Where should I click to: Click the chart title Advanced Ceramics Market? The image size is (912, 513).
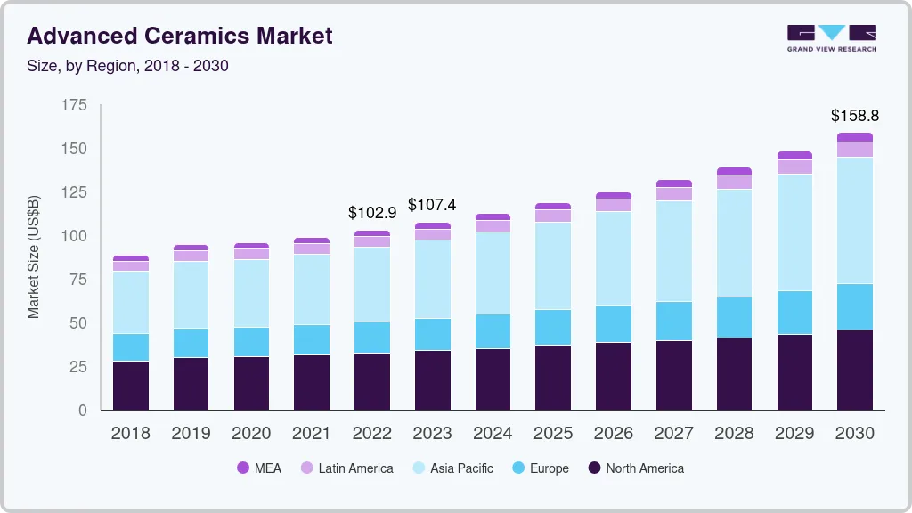(180, 36)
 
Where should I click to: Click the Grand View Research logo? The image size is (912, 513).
(831, 38)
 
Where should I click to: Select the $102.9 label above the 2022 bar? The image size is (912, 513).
(371, 213)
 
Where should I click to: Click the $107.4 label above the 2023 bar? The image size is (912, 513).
(432, 205)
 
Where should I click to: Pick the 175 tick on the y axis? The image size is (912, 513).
(74, 105)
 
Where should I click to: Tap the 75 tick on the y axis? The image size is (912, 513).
(78, 280)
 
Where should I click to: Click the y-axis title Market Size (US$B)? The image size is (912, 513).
(34, 256)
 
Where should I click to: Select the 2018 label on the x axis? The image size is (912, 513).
(130, 434)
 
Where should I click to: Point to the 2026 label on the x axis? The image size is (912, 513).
(614, 434)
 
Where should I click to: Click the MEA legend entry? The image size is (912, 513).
(258, 468)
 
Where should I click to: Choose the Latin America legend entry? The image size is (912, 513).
(346, 468)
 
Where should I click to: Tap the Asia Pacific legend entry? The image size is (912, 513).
(452, 468)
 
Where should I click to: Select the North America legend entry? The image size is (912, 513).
(636, 468)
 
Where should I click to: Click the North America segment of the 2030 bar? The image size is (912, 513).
(855, 370)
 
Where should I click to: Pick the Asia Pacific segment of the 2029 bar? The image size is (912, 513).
(794, 232)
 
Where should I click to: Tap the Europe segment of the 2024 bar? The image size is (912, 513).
(493, 331)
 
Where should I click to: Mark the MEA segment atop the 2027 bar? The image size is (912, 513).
(674, 183)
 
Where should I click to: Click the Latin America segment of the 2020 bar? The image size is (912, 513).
(251, 254)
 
